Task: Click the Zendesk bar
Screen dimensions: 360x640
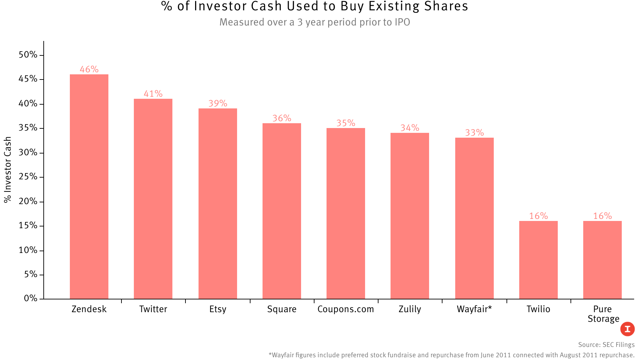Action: coord(89,187)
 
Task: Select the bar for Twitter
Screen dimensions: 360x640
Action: coord(153,199)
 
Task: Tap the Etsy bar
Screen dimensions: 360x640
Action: coord(218,203)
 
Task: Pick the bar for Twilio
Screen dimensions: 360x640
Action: coord(538,260)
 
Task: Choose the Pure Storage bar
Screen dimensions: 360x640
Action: coord(602,260)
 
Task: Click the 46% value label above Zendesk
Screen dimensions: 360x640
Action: coord(89,69)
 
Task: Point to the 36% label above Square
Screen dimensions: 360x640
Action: coord(282,118)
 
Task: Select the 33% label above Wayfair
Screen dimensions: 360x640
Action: coord(474,133)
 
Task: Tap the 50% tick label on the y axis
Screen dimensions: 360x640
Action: coord(28,55)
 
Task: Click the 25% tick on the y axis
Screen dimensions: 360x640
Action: coord(28,177)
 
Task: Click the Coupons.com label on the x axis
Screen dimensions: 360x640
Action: coord(346,309)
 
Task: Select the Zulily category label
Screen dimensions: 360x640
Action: coord(410,309)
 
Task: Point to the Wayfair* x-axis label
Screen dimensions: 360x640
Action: coord(474,309)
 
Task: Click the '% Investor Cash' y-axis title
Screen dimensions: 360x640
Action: coord(8,170)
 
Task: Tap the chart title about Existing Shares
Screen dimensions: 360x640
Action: coord(314,7)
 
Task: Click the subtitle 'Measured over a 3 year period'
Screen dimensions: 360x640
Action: coord(314,22)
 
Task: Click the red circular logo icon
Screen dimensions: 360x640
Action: coord(627,329)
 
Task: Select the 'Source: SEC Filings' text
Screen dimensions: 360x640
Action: coord(606,345)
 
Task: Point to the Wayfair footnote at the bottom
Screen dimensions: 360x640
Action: coord(451,355)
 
